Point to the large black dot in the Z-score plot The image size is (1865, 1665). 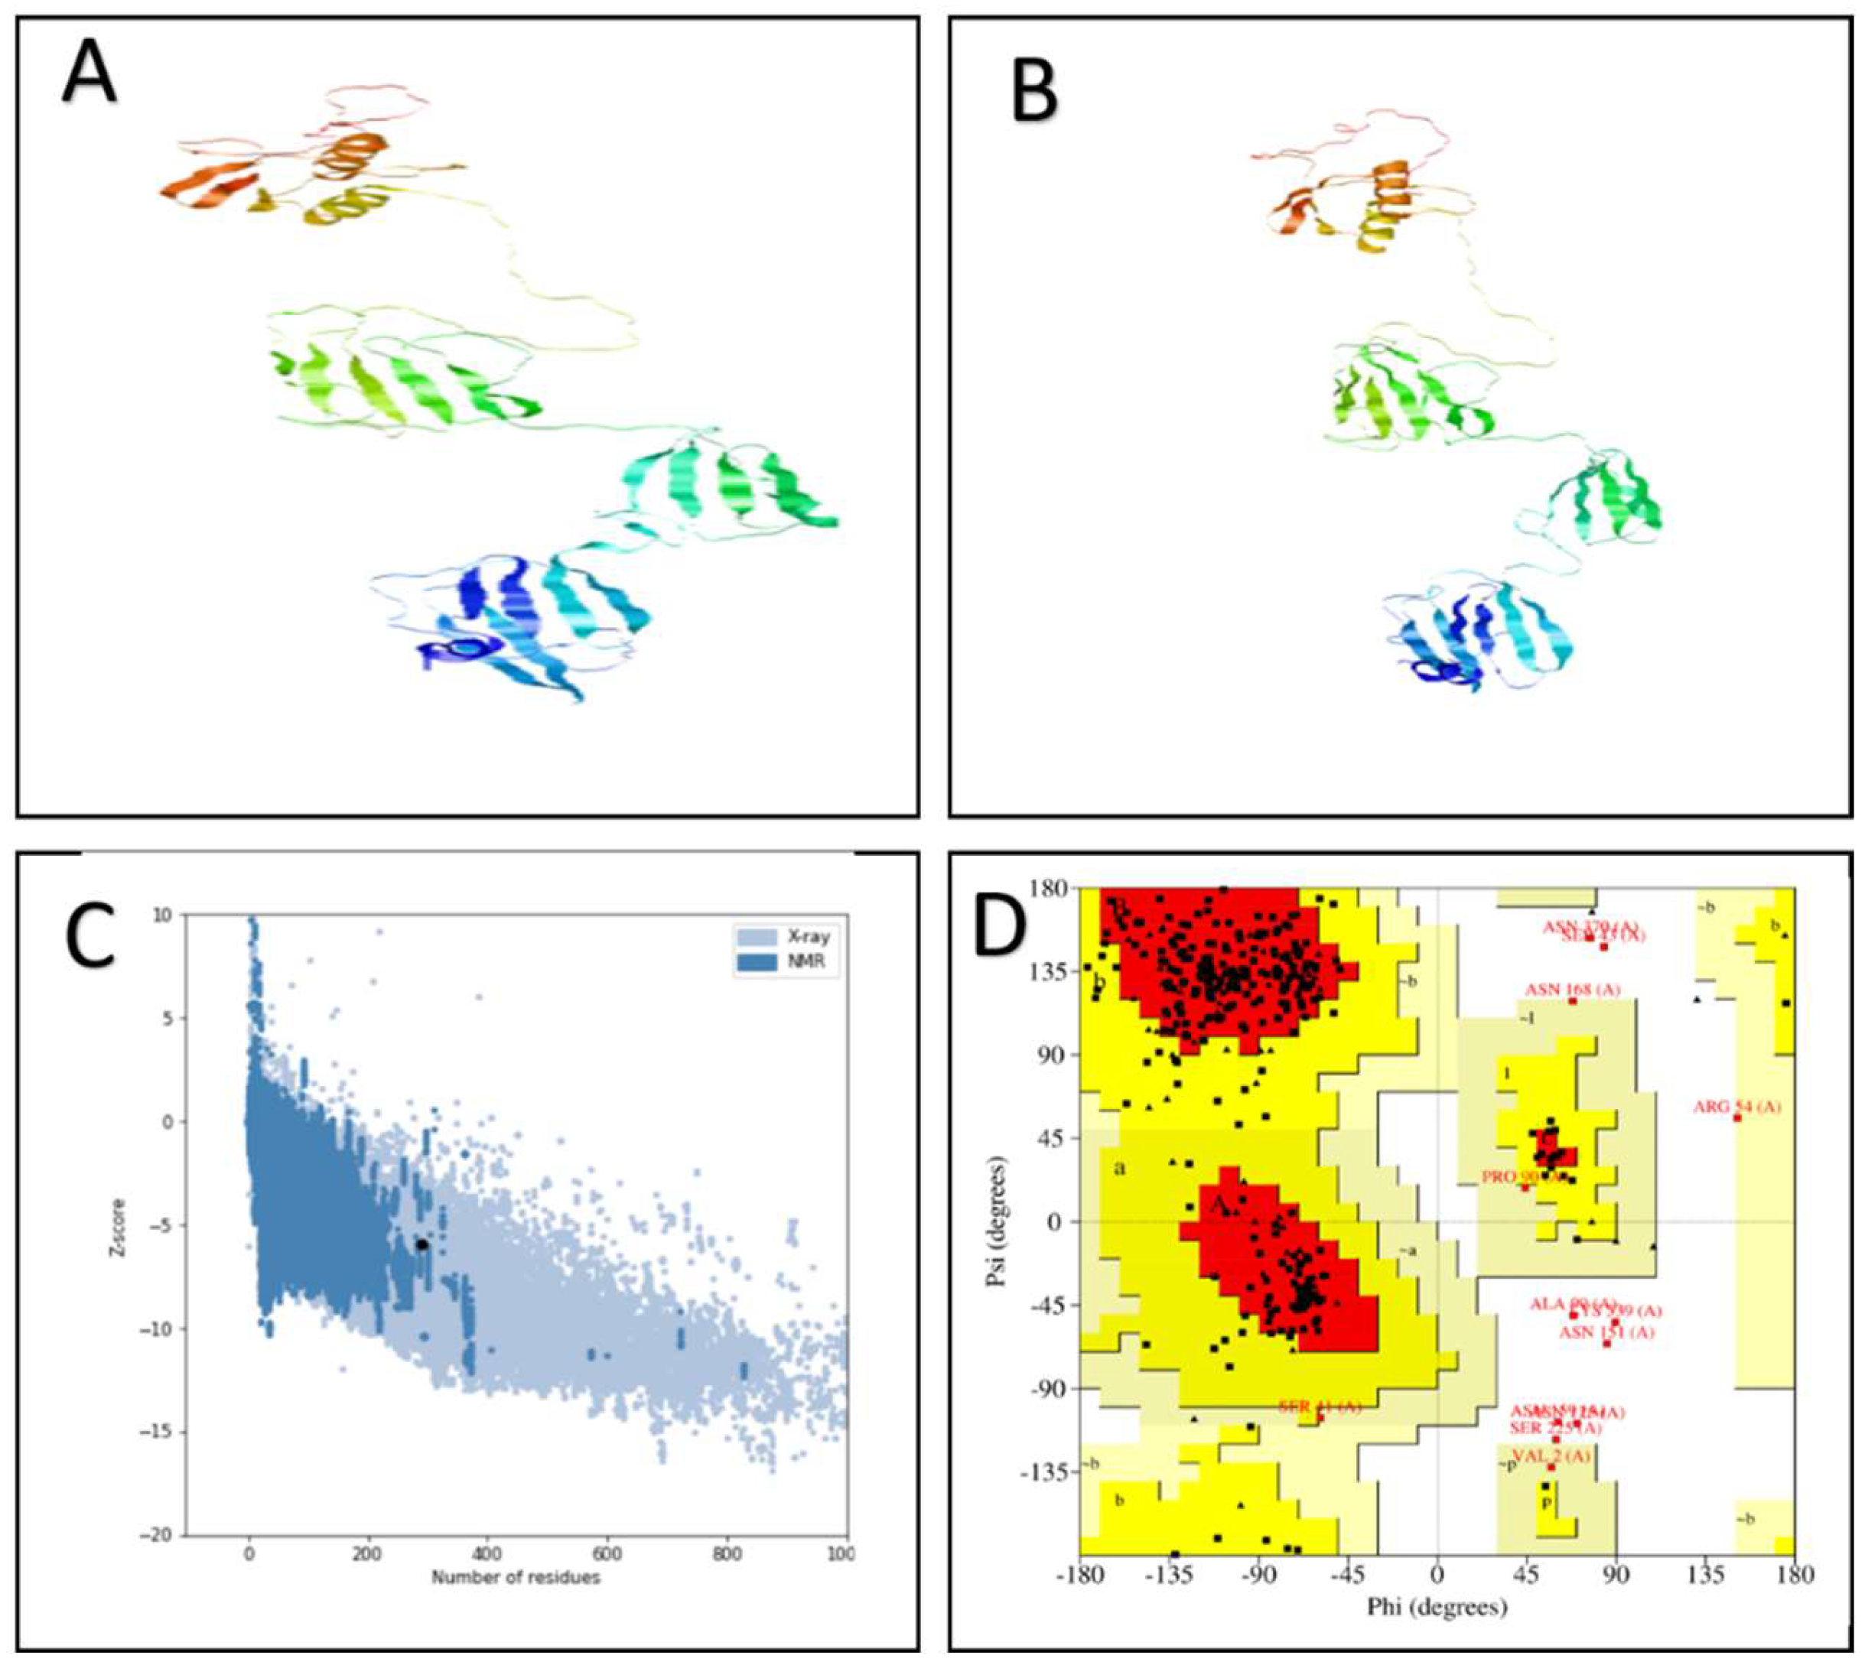(x=421, y=1245)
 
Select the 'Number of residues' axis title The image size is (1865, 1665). (x=516, y=1577)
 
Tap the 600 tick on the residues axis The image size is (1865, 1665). (x=607, y=1553)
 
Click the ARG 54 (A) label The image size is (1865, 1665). (x=1738, y=1107)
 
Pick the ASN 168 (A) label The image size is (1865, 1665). (x=1572, y=990)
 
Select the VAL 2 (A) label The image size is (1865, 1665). (x=1551, y=1455)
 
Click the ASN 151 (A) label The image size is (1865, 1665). (x=1607, y=1332)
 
